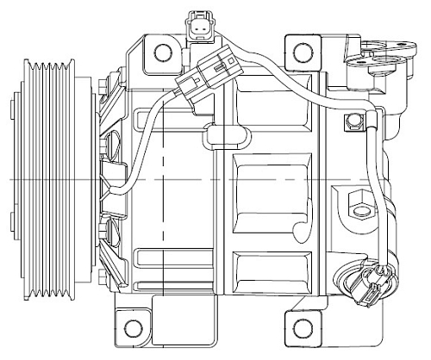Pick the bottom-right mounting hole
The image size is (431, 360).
point(302,327)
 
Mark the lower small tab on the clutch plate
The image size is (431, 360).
point(12,228)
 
